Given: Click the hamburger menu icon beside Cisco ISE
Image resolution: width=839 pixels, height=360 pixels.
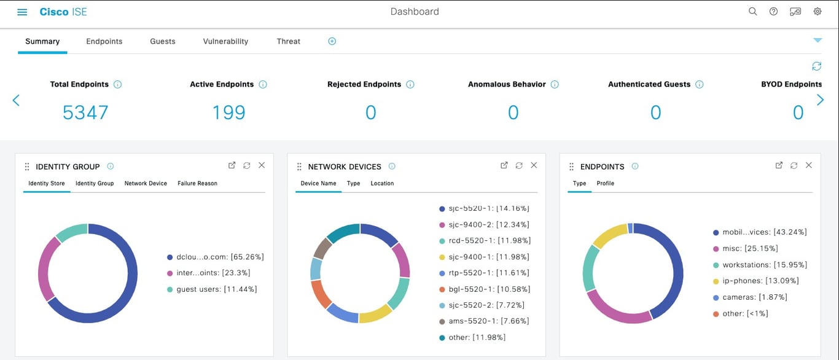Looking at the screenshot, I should click(x=22, y=12).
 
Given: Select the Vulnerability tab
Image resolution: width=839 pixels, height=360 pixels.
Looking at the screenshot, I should click(x=225, y=41).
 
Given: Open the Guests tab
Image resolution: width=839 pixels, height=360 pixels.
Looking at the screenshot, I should click(x=163, y=41).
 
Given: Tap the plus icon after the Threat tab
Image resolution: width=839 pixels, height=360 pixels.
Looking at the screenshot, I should click(x=332, y=41).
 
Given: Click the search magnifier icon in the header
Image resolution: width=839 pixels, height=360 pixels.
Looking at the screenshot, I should click(x=752, y=12).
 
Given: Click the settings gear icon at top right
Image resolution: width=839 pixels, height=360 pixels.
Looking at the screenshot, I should click(x=818, y=12).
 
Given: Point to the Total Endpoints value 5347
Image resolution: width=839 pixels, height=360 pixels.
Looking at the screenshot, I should click(x=85, y=112).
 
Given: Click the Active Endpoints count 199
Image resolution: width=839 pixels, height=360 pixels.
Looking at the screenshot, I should click(x=228, y=112).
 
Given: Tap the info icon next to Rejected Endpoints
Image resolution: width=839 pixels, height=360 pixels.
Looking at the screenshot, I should click(x=410, y=85).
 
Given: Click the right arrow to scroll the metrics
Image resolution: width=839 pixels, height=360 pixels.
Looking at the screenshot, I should click(x=820, y=100).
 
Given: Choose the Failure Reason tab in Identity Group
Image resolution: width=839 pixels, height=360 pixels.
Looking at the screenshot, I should click(x=197, y=183).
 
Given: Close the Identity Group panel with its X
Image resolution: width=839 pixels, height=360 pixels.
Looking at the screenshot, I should click(x=262, y=165).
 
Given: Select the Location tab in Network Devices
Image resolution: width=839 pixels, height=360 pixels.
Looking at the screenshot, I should click(x=382, y=183).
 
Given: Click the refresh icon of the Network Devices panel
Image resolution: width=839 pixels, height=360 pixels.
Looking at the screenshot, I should click(x=519, y=165).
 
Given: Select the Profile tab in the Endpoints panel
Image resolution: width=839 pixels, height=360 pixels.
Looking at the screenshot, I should click(x=605, y=183).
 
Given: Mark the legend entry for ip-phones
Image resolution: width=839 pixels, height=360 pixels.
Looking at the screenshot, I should click(x=759, y=281).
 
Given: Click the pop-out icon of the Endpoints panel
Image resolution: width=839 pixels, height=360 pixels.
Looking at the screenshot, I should click(x=779, y=165).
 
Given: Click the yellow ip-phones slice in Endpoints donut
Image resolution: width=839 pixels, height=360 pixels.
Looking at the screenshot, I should click(x=608, y=235).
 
